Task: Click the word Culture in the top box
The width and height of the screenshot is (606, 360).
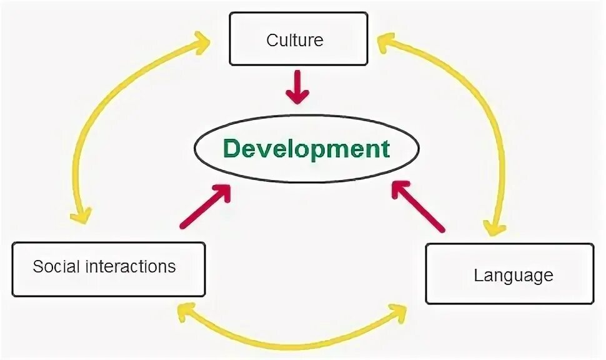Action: (295, 41)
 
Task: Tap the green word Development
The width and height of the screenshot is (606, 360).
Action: (306, 149)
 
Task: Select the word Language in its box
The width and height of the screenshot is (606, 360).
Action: (514, 275)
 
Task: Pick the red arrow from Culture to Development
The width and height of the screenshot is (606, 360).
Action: (297, 87)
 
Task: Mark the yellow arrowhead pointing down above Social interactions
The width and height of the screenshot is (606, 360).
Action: (80, 216)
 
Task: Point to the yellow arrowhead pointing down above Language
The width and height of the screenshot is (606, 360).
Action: (496, 226)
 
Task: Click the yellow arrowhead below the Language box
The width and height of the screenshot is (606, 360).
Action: (398, 310)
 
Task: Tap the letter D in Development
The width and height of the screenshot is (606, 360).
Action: (232, 149)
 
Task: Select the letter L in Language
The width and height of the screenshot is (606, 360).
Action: (479, 274)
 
